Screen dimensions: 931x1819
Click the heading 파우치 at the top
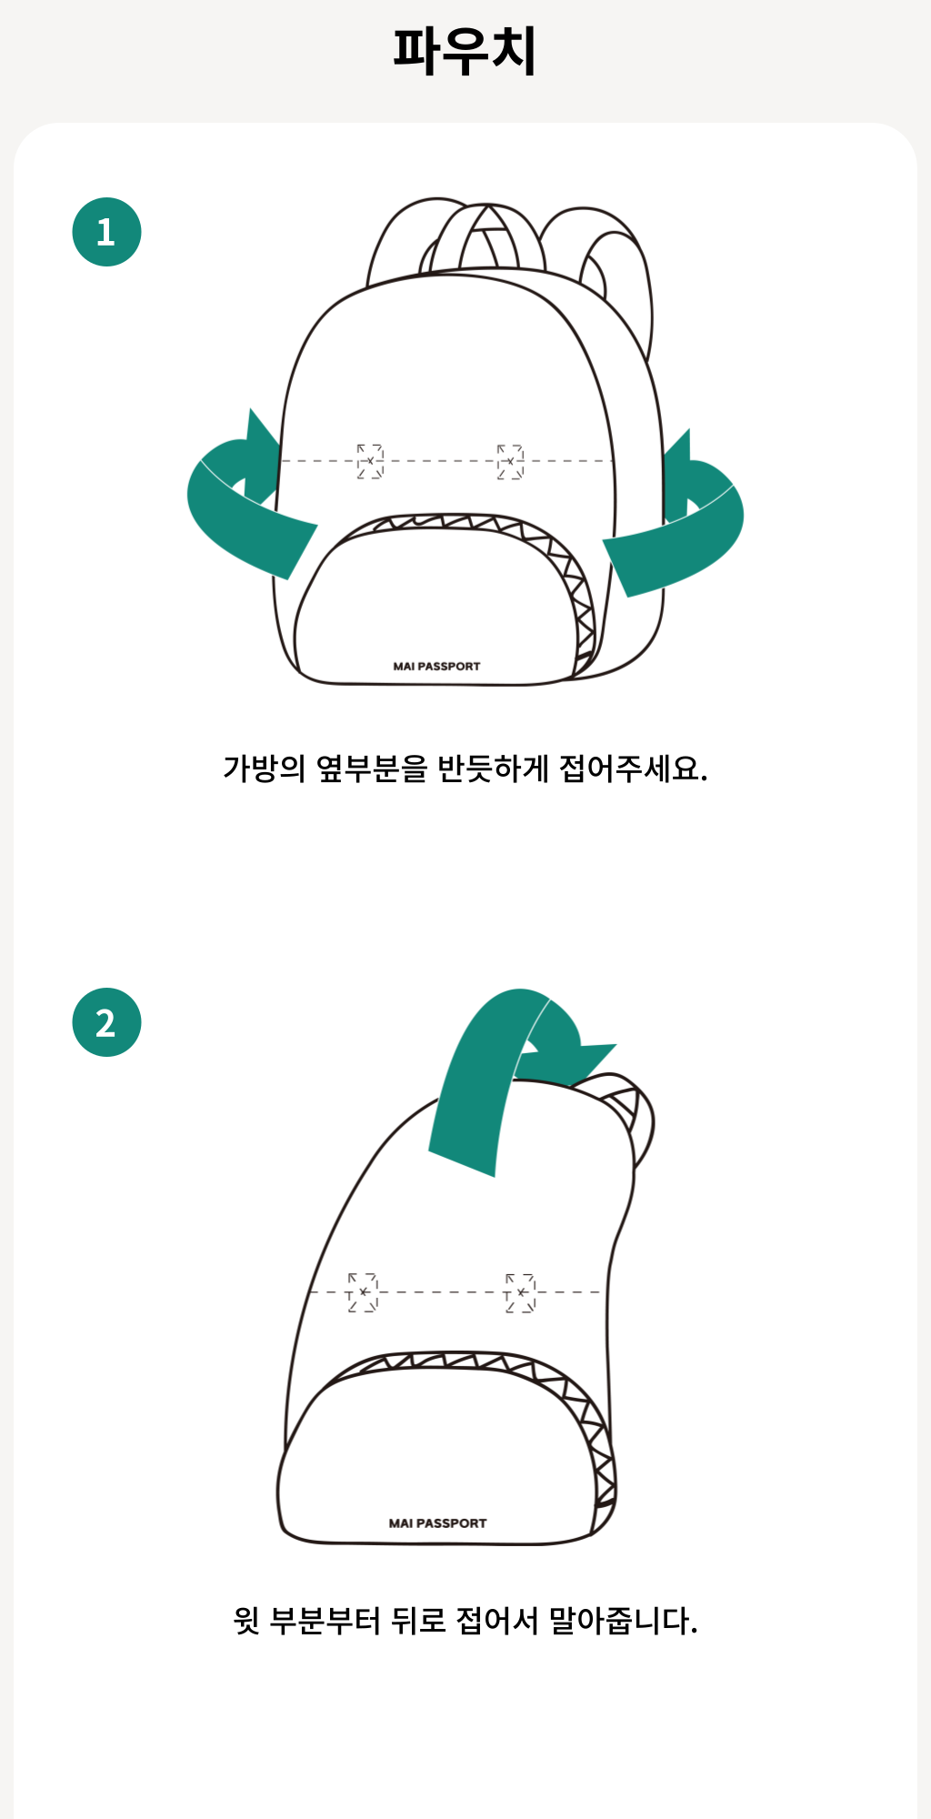coord(465,50)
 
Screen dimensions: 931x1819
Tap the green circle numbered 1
coord(106,232)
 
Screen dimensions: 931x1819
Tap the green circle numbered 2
coord(106,1022)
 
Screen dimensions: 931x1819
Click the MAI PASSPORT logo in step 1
coord(436,667)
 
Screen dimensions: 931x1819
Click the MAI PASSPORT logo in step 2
coord(437,1523)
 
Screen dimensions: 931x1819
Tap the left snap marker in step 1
coord(370,461)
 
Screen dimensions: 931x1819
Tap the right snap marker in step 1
coord(510,461)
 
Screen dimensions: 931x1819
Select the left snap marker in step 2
coord(363,1291)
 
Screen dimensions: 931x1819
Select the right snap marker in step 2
coord(521,1291)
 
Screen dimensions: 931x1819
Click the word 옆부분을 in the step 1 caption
coord(371,769)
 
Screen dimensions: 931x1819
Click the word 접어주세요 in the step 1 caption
coord(633,769)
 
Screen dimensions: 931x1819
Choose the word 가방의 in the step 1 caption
coord(264,769)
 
